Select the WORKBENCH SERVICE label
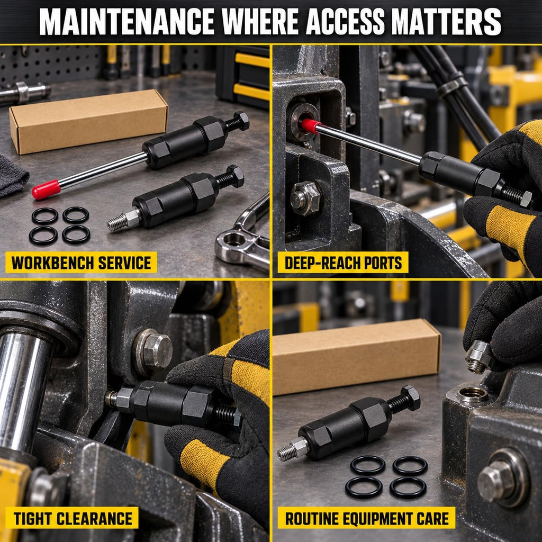[81, 263]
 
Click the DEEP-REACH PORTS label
[343, 263]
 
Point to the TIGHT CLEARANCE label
[72, 518]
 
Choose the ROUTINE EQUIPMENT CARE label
[366, 518]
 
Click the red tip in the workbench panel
[46, 189]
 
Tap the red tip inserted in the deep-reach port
[310, 126]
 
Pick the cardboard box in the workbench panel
[88, 121]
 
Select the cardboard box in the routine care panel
[356, 356]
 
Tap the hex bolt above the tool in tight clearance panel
[154, 351]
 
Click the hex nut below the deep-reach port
[306, 198]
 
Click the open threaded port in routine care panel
[472, 394]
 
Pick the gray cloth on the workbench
[12, 176]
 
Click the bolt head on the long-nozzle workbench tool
[241, 121]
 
